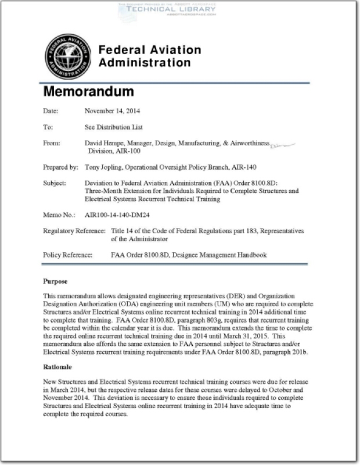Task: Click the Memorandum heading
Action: pyautogui.click(x=88, y=92)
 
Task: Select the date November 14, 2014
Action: pyautogui.click(x=112, y=110)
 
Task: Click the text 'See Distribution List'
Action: pyautogui.click(x=114, y=127)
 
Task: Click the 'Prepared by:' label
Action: pyautogui.click(x=60, y=167)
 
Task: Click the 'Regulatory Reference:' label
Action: pyautogui.click(x=74, y=231)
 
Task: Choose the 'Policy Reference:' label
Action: pyautogui.click(x=68, y=255)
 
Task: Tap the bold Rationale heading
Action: pyautogui.click(x=58, y=367)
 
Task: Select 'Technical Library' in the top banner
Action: pyautogui.click(x=167, y=10)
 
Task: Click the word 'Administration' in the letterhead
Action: pyautogui.click(x=145, y=62)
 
